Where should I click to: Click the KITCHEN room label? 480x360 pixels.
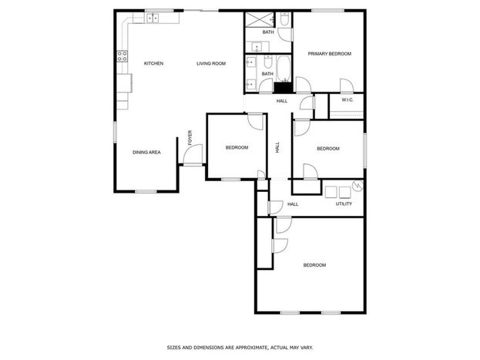(x=153, y=63)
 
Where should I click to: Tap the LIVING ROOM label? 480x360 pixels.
(x=211, y=63)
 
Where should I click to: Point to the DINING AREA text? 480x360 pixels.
(x=146, y=153)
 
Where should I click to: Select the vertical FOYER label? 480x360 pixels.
(x=190, y=138)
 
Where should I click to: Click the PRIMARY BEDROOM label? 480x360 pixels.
(x=330, y=54)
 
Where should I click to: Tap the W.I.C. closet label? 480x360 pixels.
(x=347, y=100)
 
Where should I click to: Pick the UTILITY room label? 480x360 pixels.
(x=344, y=204)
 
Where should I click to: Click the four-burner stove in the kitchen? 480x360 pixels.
(x=123, y=56)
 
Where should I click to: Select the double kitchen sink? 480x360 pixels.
(x=152, y=19)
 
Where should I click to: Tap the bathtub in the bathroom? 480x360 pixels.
(x=284, y=69)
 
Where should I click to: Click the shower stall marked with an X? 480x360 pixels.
(x=260, y=20)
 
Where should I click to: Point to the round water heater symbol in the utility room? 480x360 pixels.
(x=357, y=186)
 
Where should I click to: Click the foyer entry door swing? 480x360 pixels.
(x=193, y=154)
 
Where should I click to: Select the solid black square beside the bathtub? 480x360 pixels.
(x=283, y=88)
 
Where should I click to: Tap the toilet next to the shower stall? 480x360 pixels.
(x=284, y=19)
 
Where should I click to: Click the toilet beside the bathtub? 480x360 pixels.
(x=268, y=62)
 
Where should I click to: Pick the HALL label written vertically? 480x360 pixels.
(x=277, y=147)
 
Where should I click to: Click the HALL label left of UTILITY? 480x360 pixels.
(x=293, y=204)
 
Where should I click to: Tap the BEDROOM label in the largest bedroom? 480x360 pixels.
(x=314, y=265)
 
